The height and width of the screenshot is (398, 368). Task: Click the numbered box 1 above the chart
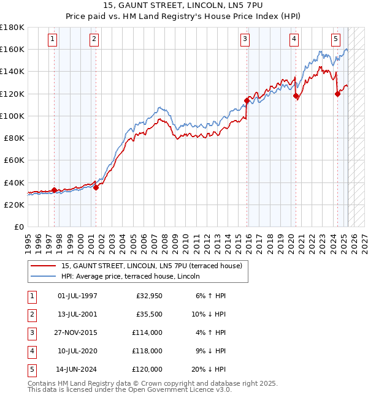(53, 39)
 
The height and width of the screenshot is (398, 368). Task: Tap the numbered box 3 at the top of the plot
(245, 39)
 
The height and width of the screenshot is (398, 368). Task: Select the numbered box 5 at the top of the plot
(336, 39)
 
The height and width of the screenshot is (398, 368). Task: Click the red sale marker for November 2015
(247, 100)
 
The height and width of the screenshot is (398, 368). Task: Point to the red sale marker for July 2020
(296, 96)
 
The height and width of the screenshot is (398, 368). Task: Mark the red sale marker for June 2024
(337, 94)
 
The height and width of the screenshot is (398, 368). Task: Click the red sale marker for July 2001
(96, 187)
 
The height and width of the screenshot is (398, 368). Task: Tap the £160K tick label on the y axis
(12, 49)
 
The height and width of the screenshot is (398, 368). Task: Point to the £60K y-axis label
(14, 160)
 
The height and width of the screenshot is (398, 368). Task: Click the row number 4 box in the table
(31, 351)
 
